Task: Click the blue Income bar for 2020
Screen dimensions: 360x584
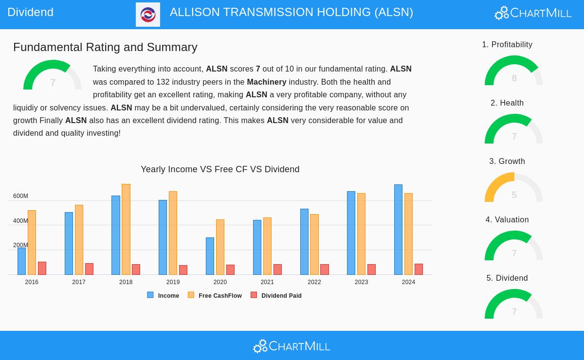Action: click(210, 256)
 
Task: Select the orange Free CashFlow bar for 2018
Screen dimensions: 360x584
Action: click(126, 229)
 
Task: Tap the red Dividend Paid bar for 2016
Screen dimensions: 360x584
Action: click(42, 268)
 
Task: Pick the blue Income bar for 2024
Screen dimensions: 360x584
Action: click(398, 230)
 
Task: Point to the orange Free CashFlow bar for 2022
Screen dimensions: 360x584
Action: click(314, 244)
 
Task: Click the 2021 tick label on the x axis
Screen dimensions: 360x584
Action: click(267, 282)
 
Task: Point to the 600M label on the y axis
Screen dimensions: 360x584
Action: click(20, 196)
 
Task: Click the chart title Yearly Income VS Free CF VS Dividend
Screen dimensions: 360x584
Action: click(220, 169)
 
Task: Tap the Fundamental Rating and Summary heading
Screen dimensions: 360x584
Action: click(105, 47)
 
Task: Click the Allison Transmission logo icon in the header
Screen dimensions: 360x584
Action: click(148, 15)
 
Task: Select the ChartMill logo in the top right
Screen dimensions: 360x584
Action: click(533, 13)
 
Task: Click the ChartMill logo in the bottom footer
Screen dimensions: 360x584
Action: click(292, 346)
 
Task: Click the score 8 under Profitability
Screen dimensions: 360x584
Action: click(514, 78)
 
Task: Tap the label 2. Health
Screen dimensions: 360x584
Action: click(507, 103)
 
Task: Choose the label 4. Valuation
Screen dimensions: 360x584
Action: click(507, 220)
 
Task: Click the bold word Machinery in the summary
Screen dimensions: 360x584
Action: click(266, 82)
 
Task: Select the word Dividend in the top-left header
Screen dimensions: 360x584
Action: click(30, 12)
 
